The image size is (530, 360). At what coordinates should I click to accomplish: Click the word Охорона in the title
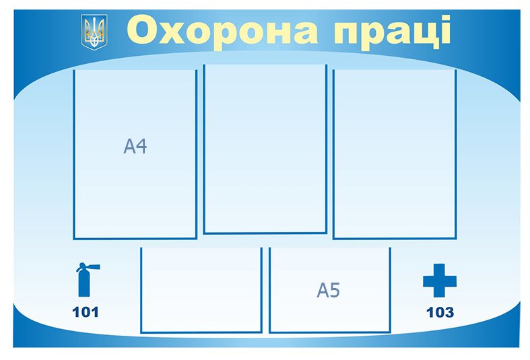click(x=222, y=30)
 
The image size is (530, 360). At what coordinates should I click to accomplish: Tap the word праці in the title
click(x=392, y=32)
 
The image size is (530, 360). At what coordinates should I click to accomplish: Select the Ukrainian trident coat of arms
click(x=94, y=32)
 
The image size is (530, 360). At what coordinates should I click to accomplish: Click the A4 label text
click(x=135, y=146)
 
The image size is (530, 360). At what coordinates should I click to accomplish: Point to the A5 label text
click(x=328, y=290)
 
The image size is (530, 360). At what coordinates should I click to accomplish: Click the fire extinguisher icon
click(x=86, y=279)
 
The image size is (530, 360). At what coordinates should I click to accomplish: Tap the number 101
click(x=86, y=312)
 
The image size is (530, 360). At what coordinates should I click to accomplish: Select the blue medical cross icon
click(x=440, y=281)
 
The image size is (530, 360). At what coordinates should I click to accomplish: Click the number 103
click(x=440, y=312)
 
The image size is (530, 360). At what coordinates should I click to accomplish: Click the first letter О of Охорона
click(x=141, y=30)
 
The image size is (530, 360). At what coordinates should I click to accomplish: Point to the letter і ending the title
click(x=446, y=29)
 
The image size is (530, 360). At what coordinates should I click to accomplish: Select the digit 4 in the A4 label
click(x=141, y=146)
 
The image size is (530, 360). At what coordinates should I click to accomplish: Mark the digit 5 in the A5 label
click(x=334, y=290)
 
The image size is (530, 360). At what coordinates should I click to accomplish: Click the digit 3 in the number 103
click(x=449, y=312)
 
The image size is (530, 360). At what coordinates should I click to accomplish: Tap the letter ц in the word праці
click(x=426, y=34)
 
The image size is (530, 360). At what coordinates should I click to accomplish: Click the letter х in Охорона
click(x=171, y=33)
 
